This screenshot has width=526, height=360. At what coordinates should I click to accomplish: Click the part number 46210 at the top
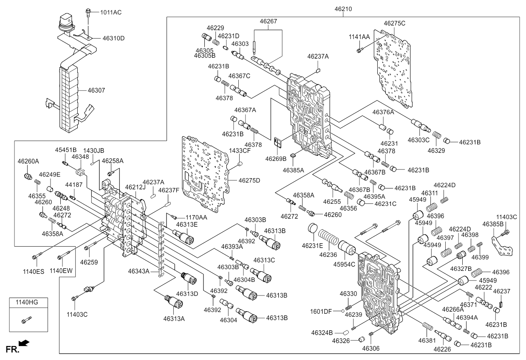[x=343, y=9]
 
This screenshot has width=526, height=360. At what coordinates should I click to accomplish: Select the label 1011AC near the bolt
[x=111, y=12]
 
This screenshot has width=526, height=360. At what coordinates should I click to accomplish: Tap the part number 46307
[x=96, y=90]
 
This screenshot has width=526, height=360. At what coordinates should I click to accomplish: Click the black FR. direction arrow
[x=24, y=343]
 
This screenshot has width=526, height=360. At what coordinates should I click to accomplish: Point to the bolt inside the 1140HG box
[x=26, y=320]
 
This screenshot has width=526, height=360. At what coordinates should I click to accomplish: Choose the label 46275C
[x=394, y=23]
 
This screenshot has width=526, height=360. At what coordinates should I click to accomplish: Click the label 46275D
[x=249, y=180]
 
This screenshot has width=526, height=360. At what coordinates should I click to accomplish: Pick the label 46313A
[x=174, y=319]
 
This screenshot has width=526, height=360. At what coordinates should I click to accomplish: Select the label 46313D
[x=187, y=294]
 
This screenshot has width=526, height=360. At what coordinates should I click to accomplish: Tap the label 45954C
[x=344, y=264]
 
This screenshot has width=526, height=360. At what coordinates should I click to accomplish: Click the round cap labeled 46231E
[x=313, y=228]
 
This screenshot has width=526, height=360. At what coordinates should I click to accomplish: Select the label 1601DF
[x=321, y=312]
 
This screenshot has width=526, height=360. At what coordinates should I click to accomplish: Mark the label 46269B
[x=276, y=159]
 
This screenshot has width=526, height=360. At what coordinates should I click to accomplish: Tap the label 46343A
[x=139, y=271]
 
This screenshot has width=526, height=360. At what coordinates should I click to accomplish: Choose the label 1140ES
[x=34, y=272]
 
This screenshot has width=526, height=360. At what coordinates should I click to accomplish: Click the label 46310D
[x=113, y=38]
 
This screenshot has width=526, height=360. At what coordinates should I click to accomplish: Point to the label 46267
[x=269, y=21]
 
